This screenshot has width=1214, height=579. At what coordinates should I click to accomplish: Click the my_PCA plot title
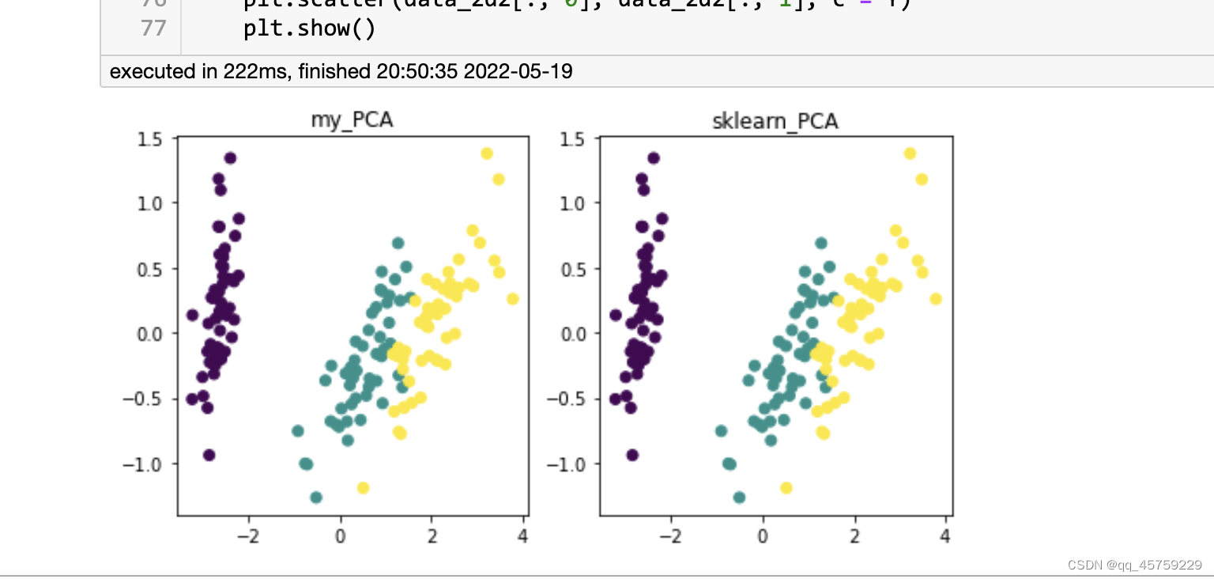[353, 120]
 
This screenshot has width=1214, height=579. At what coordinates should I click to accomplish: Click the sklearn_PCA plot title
[775, 121]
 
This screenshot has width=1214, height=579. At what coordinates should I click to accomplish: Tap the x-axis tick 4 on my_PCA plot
[522, 536]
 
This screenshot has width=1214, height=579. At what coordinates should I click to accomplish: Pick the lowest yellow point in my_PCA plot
[364, 488]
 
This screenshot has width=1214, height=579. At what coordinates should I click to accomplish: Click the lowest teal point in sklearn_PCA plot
[739, 498]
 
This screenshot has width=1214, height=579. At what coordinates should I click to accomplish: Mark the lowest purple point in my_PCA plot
[209, 455]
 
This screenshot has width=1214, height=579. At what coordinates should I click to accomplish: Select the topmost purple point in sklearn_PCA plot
[653, 158]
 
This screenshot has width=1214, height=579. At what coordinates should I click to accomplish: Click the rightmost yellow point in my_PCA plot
[512, 299]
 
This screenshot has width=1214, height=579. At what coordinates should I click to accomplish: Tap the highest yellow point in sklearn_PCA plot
[910, 153]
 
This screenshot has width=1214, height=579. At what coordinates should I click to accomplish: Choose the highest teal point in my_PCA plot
[398, 243]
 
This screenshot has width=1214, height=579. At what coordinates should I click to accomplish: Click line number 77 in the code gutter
[153, 28]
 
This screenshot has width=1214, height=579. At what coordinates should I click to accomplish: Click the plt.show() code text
[309, 28]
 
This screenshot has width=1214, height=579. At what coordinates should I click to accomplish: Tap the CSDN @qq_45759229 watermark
[1134, 565]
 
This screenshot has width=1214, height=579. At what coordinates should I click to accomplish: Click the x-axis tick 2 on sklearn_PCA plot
[854, 536]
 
